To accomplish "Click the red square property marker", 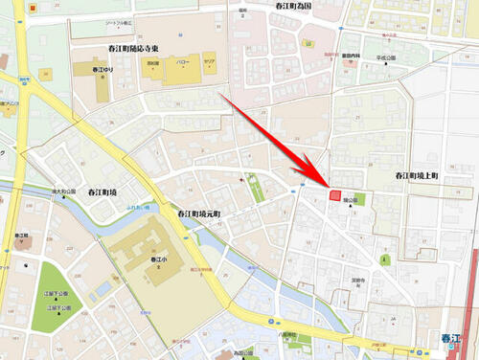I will (x=334, y=195).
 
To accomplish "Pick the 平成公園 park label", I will (x=386, y=57).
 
